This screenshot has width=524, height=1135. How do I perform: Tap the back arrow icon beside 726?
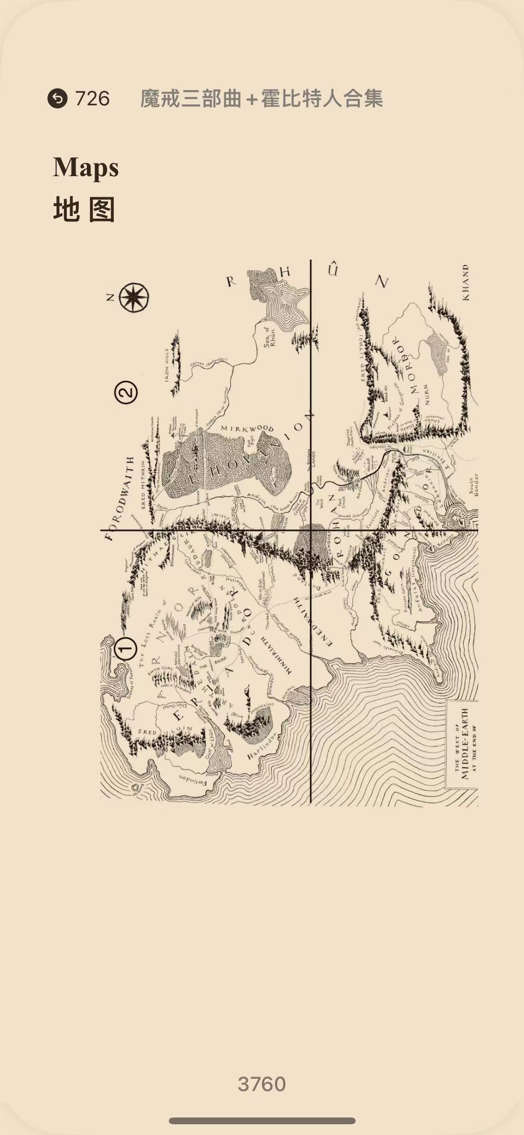click(57, 99)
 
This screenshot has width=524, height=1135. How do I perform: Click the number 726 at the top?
click(92, 99)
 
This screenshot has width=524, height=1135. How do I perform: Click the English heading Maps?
click(86, 168)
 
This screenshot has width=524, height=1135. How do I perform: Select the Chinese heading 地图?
click(84, 209)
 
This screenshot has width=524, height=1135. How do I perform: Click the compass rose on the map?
click(134, 297)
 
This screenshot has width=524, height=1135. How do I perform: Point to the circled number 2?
click(126, 393)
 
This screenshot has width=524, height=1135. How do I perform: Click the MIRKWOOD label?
click(247, 429)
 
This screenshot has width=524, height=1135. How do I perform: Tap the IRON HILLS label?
click(168, 365)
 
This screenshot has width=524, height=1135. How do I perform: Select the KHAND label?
click(466, 282)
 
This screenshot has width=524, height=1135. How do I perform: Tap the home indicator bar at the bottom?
click(262, 1121)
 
